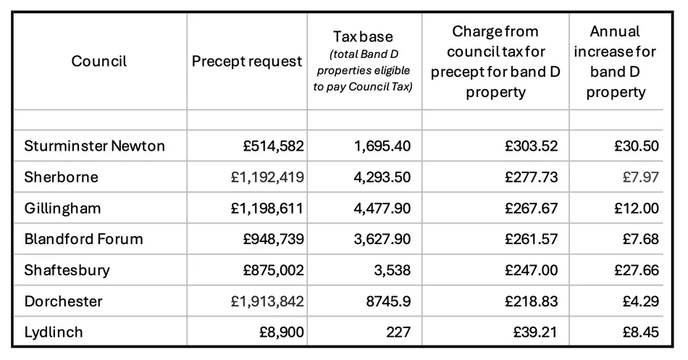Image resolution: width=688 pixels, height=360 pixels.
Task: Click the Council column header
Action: pyautogui.click(x=98, y=62)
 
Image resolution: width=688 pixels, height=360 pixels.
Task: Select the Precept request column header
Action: pyautogui.click(x=246, y=62)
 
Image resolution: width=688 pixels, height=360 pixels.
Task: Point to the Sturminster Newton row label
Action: pyautogui.click(x=94, y=146)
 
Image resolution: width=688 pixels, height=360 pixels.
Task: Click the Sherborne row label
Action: pyautogui.click(x=61, y=177)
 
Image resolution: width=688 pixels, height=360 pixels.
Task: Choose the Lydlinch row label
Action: pyautogui.click(x=54, y=332)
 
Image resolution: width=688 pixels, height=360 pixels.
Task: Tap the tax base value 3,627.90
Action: pyautogui.click(x=382, y=239)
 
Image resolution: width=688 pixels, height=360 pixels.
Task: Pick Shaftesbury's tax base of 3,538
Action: pyautogui.click(x=392, y=270)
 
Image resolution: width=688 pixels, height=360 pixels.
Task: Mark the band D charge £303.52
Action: pyautogui.click(x=532, y=146)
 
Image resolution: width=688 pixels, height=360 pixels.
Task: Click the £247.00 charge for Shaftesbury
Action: pyautogui.click(x=532, y=270)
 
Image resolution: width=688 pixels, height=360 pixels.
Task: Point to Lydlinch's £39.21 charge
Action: pyautogui.click(x=536, y=332)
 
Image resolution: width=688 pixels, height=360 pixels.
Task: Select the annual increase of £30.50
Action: pyautogui.click(x=637, y=146)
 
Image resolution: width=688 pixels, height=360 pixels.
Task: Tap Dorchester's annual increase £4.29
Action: pyautogui.click(x=640, y=301)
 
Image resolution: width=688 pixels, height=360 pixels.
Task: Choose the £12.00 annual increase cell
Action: pyautogui.click(x=637, y=209)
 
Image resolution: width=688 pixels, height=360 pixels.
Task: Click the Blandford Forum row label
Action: pyautogui.click(x=83, y=239)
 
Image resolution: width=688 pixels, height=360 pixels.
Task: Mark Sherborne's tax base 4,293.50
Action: pyautogui.click(x=382, y=177)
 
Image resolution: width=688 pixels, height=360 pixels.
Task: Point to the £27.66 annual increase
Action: pyautogui.click(x=637, y=270)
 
